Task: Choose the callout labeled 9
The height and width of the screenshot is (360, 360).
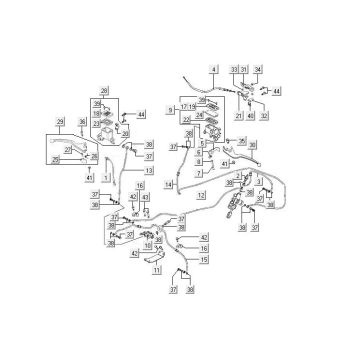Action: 170,108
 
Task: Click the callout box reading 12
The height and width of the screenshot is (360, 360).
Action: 202,195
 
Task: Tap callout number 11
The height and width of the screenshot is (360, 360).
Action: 156,270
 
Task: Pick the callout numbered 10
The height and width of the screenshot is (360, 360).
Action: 148,245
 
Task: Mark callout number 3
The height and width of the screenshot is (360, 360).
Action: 259,183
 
